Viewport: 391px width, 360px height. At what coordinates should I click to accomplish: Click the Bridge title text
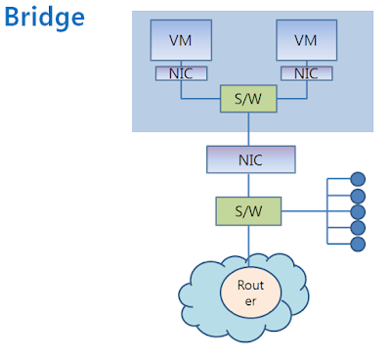pyautogui.click(x=44, y=18)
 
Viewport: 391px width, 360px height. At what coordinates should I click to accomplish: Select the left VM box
pyautogui.click(x=180, y=40)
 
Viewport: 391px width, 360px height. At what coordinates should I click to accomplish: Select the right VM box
pyautogui.click(x=305, y=40)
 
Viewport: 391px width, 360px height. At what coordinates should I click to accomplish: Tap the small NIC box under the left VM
pyautogui.click(x=180, y=73)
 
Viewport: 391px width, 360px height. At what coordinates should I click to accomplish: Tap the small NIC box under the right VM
pyautogui.click(x=305, y=73)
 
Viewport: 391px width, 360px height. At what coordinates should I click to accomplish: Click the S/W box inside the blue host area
pyautogui.click(x=248, y=98)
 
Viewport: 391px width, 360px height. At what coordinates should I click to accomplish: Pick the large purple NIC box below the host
pyautogui.click(x=249, y=158)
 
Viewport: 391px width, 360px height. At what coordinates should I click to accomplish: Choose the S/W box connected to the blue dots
pyautogui.click(x=248, y=210)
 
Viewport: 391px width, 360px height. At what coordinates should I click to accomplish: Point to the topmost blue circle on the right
pyautogui.click(x=358, y=179)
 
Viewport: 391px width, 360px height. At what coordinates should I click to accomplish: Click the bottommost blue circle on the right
pyautogui.click(x=358, y=244)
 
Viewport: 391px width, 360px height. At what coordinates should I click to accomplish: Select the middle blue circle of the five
pyautogui.click(x=358, y=211)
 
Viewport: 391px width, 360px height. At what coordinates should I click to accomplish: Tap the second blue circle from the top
pyautogui.click(x=358, y=196)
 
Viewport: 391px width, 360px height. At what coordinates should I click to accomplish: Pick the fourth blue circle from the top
pyautogui.click(x=358, y=228)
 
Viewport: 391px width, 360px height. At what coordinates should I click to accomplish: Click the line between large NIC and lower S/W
pyautogui.click(x=249, y=185)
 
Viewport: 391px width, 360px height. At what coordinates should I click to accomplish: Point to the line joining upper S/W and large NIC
pyautogui.click(x=249, y=127)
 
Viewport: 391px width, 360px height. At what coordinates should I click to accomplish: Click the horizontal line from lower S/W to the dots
pyautogui.click(x=303, y=210)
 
